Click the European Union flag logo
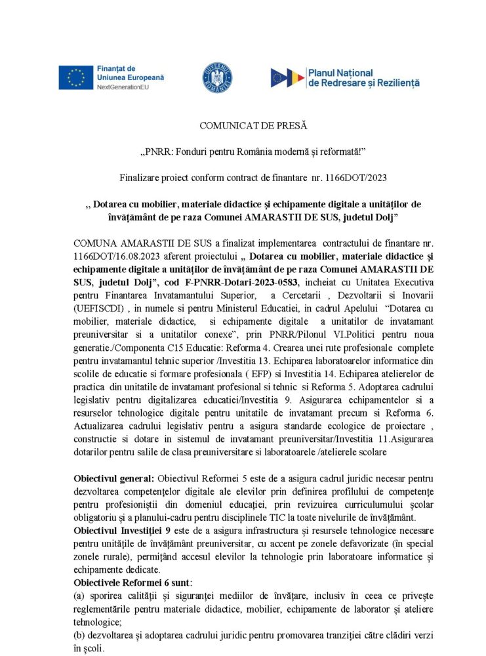click(x=75, y=77)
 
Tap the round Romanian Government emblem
click(x=217, y=77)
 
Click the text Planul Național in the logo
click(x=340, y=72)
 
